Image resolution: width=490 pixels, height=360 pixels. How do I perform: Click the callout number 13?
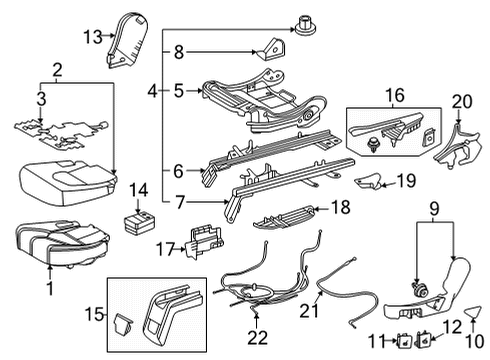coord(92,37)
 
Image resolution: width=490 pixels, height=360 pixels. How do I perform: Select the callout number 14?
coord(138,189)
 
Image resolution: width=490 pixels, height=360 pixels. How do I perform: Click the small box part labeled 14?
coord(136,217)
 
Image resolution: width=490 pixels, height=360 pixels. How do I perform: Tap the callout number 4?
coord(152,91)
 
